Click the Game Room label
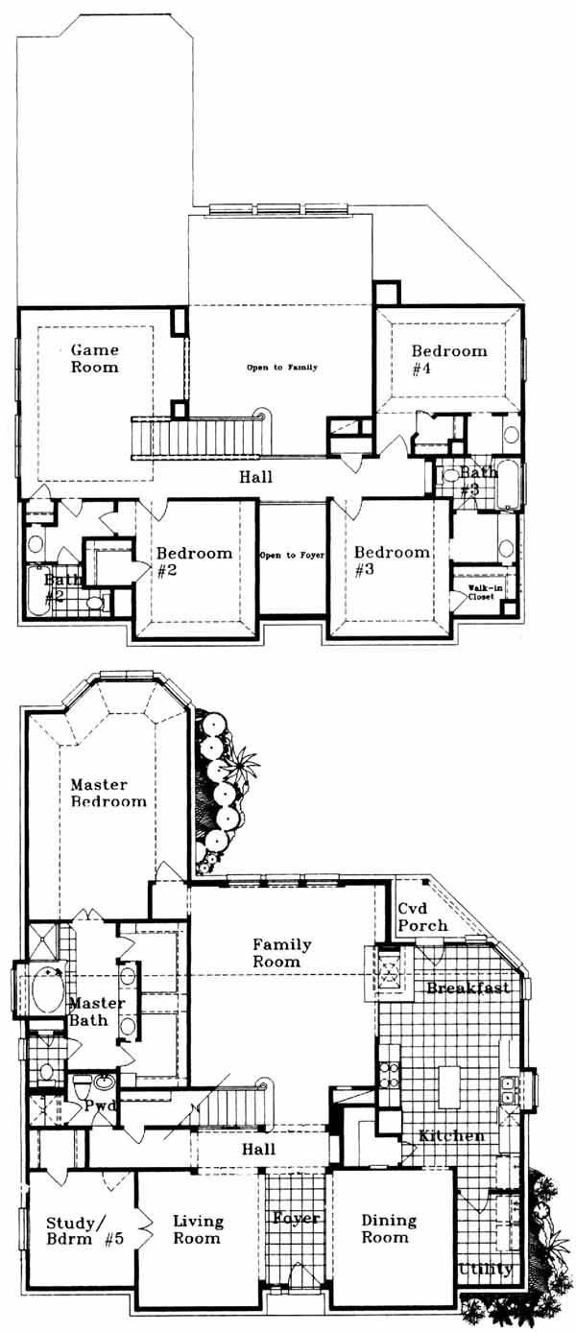pos(95,359)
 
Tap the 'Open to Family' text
pos(282,368)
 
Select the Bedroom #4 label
pos(449,360)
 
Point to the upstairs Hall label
pos(256,476)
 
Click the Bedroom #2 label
pos(194,562)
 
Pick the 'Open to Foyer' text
pos(292,556)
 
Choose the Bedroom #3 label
pos(392,560)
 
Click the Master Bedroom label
pos(108,794)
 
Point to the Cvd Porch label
pos(422,917)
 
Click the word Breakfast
pos(468,987)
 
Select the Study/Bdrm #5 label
pos(84,1231)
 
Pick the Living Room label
pos(198,1229)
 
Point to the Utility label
pos(486,1270)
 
